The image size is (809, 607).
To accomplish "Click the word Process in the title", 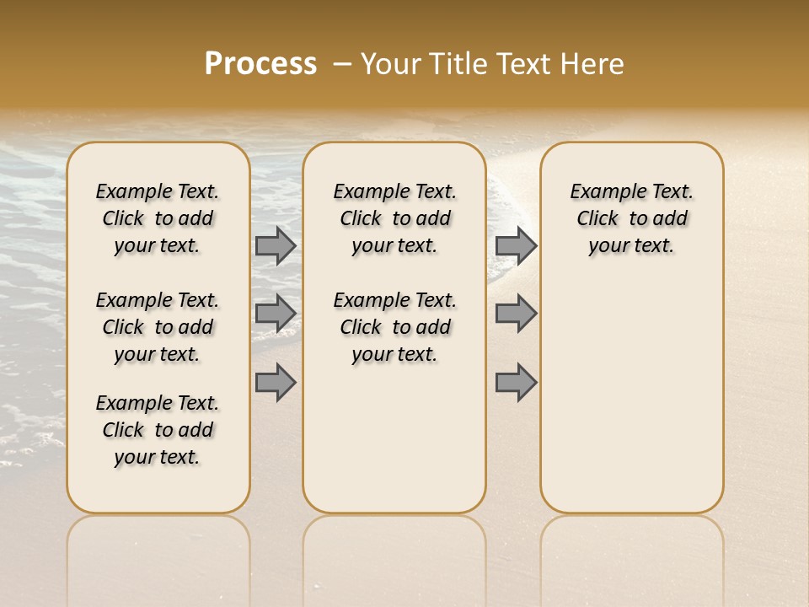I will (260, 64).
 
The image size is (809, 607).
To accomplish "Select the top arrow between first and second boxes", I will (276, 245).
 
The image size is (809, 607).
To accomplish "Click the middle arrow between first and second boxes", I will (276, 314).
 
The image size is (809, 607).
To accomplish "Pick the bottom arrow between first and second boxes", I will (276, 382).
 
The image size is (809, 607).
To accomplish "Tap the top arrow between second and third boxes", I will (516, 245).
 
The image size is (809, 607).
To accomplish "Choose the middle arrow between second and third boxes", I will (516, 314).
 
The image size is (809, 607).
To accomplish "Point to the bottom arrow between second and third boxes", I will (516, 382).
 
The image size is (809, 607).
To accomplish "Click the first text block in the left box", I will (158, 218).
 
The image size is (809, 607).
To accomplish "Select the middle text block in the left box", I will (158, 327).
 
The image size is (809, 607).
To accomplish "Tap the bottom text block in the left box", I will (158, 430).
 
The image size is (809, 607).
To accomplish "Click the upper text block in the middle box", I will (394, 218).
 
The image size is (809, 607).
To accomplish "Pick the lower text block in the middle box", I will (394, 327).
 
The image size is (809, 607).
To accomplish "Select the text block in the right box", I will (631, 218).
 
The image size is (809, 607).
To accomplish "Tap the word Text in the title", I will (522, 64).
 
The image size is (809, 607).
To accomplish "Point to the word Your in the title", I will (389, 64).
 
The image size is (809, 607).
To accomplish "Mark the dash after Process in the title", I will (341, 64).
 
